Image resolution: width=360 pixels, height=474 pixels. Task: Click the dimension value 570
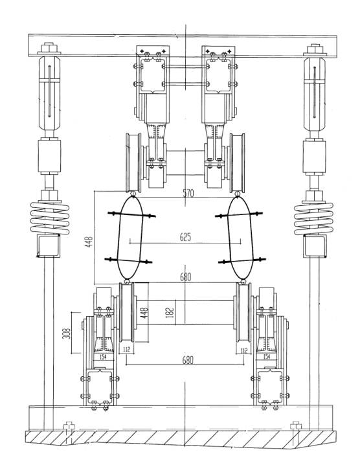188,193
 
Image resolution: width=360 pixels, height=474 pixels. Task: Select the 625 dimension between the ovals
185,237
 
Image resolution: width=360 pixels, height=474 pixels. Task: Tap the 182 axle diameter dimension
170,313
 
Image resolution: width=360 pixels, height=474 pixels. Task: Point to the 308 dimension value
67,333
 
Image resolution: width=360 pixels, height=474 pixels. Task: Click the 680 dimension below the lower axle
188,360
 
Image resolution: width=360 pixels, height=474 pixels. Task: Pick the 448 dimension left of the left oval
89,242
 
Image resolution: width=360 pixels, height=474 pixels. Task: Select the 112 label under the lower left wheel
126,350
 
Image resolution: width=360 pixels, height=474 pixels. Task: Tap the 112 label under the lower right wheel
244,350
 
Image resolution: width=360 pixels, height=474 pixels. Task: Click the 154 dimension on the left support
103,357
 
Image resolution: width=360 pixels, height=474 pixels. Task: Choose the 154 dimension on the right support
266,357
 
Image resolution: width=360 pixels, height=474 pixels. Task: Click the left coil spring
50,218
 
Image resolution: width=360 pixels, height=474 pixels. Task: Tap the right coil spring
314,219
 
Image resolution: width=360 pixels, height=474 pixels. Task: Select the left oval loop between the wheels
130,238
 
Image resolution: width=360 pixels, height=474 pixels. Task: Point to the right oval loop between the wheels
240,238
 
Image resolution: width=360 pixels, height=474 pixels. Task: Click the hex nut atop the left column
49,48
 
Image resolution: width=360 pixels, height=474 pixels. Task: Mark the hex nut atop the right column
315,49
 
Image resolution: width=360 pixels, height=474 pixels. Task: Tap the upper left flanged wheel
133,162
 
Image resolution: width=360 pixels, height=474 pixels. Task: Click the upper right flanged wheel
237,163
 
